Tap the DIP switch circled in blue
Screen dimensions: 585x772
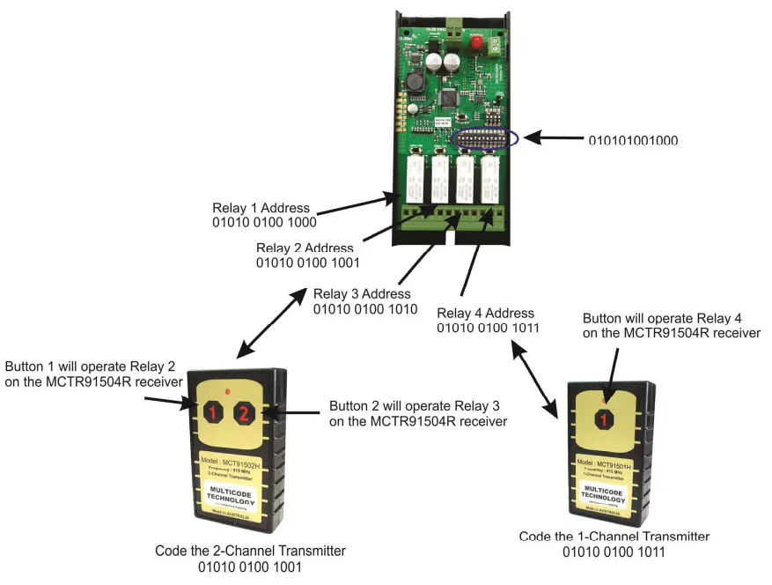(486, 138)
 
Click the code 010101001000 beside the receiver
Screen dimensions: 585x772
(634, 139)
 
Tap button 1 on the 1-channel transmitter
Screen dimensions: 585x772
(604, 419)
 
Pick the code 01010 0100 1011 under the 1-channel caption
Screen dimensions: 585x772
(614, 552)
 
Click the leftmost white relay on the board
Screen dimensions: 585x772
(415, 180)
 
